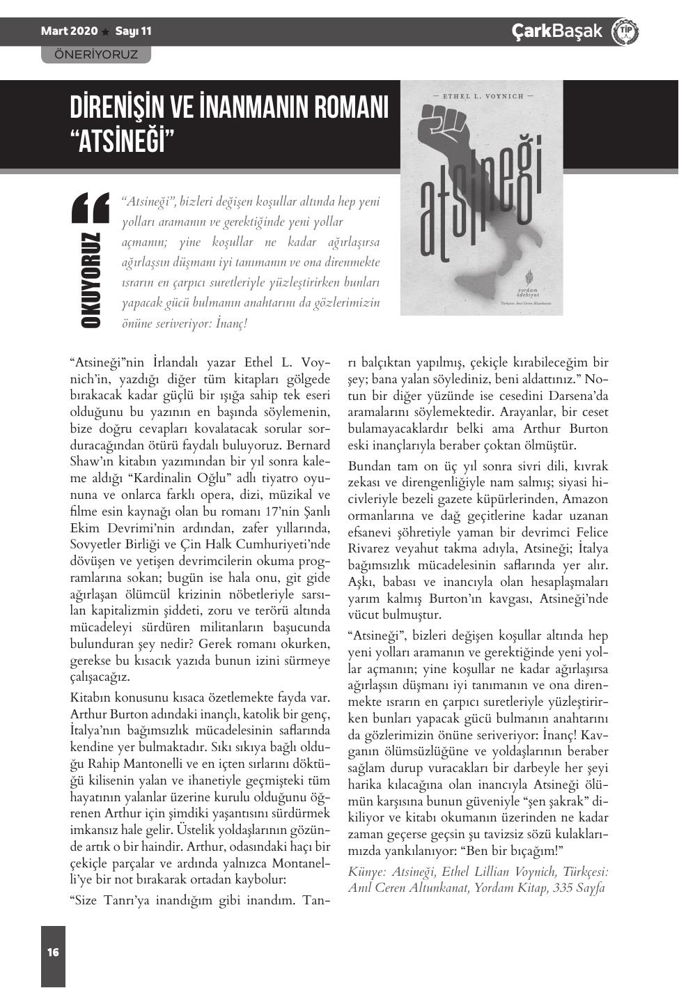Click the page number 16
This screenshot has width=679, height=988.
[53, 952]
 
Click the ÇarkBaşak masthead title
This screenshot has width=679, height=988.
[556, 31]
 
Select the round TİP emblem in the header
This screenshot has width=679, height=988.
[624, 32]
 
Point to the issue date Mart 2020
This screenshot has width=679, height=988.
[69, 31]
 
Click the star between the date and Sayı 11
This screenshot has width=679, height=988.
[106, 32]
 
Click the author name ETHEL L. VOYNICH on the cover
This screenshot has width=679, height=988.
[482, 96]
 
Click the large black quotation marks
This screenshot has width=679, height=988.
[91, 208]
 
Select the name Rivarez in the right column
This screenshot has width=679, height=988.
[372, 548]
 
